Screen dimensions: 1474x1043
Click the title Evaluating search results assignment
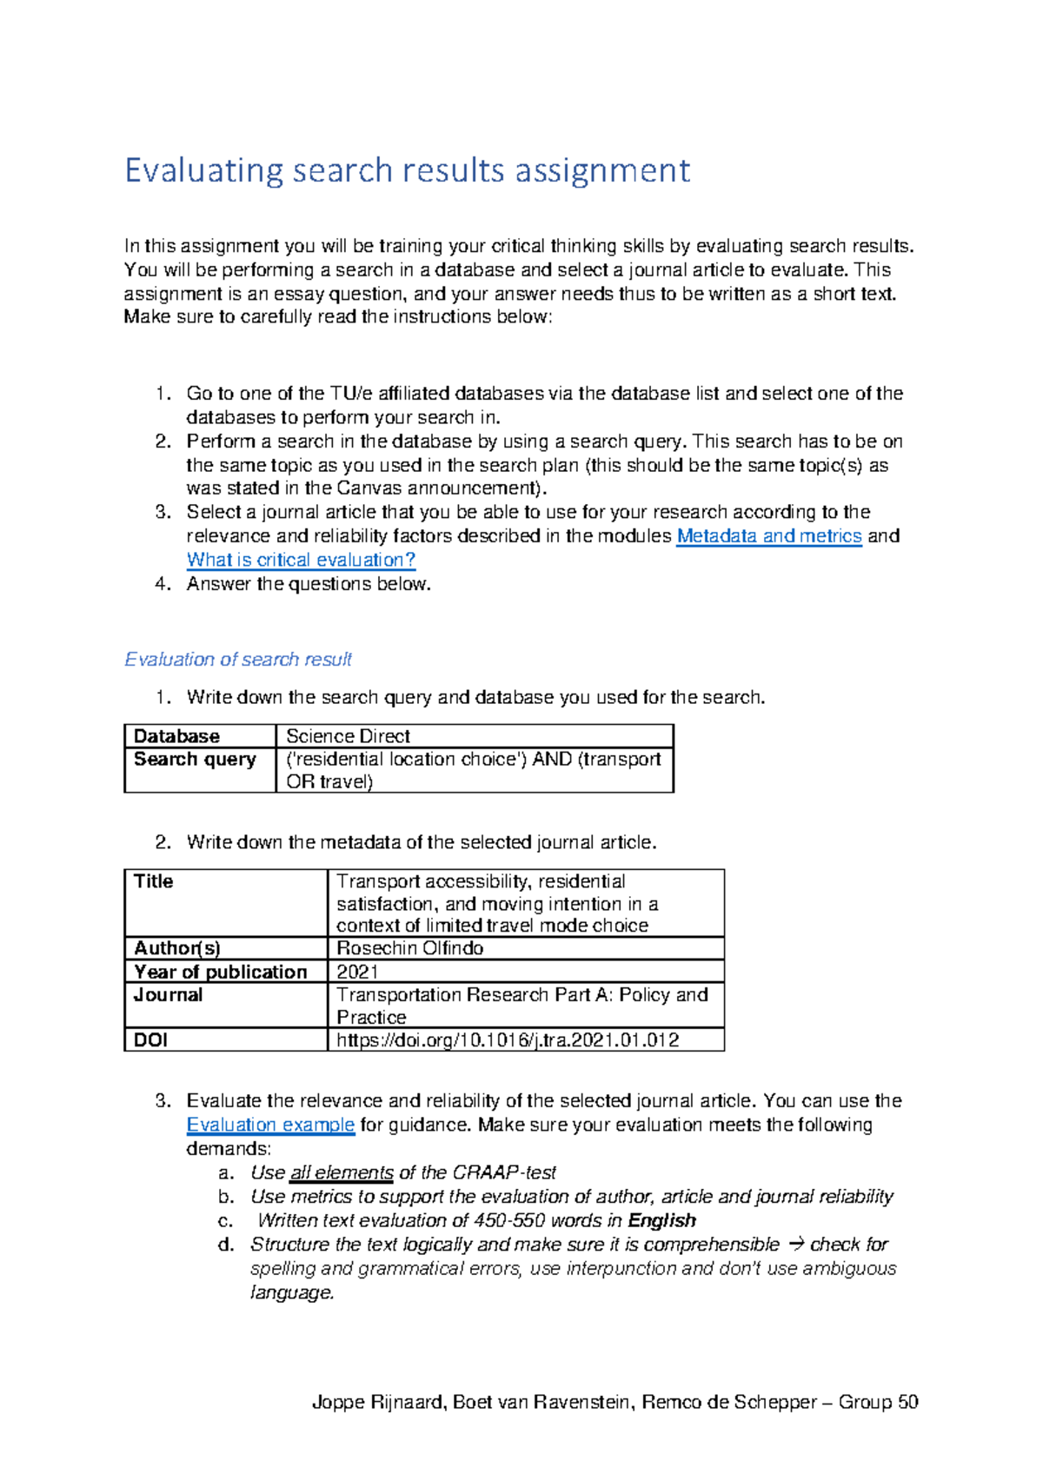pyautogui.click(x=407, y=170)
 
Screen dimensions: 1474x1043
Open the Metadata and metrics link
pyautogui.click(x=768, y=536)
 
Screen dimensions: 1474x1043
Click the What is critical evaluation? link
pyautogui.click(x=301, y=561)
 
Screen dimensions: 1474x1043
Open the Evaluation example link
pyautogui.click(x=270, y=1125)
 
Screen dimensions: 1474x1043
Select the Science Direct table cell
pyautogui.click(x=348, y=736)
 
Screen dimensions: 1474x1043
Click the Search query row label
pyautogui.click(x=195, y=760)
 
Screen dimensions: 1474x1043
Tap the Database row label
pyautogui.click(x=176, y=736)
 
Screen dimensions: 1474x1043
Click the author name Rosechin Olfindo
pyautogui.click(x=409, y=948)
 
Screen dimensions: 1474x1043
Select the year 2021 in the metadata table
pyautogui.click(x=357, y=972)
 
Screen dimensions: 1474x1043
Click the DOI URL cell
pyautogui.click(x=508, y=1040)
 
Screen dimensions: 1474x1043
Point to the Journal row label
pyautogui.click(x=169, y=995)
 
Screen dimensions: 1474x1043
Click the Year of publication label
pyautogui.click(x=221, y=972)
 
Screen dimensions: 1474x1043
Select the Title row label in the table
pyautogui.click(x=154, y=881)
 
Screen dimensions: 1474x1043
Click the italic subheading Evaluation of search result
pyautogui.click(x=238, y=660)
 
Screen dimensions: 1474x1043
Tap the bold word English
pyautogui.click(x=661, y=1221)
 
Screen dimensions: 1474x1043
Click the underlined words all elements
pyautogui.click(x=342, y=1173)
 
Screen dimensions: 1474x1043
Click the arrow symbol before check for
pyautogui.click(x=794, y=1245)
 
